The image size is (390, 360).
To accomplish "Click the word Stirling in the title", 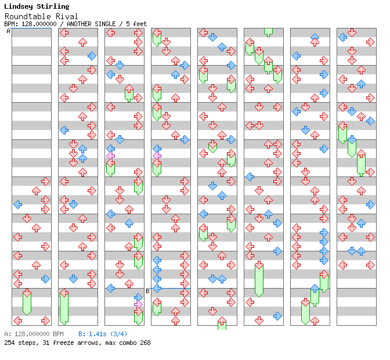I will pyautogui.click(x=54, y=6).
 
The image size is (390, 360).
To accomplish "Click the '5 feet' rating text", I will pyautogui.click(x=136, y=24).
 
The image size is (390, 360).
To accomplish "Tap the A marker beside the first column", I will pyautogui.click(x=8, y=31).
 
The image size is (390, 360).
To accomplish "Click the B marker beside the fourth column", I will pyautogui.click(x=147, y=291).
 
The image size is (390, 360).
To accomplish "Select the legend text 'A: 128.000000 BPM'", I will pyautogui.click(x=34, y=334).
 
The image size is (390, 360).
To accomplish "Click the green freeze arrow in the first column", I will pyautogui.click(x=27, y=302).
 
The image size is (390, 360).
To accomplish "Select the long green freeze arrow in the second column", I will pyautogui.click(x=64, y=306).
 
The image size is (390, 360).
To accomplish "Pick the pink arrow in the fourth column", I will pyautogui.click(x=157, y=156).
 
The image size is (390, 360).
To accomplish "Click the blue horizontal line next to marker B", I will pyautogui.click(x=171, y=288).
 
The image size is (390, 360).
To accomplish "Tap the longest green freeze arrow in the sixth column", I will pyautogui.click(x=259, y=279).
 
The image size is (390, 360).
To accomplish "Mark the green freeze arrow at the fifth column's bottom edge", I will pyautogui.click(x=222, y=323).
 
